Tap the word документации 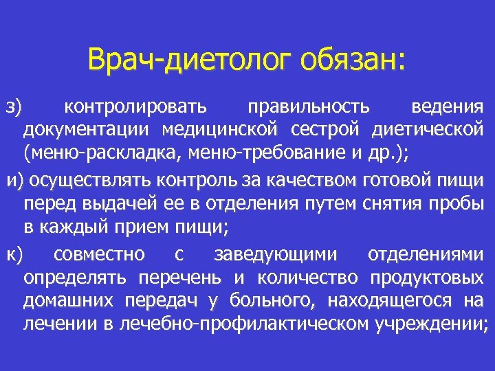click(89, 130)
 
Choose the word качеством click(320, 180)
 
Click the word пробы click(459, 203)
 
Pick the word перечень click(179, 277)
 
